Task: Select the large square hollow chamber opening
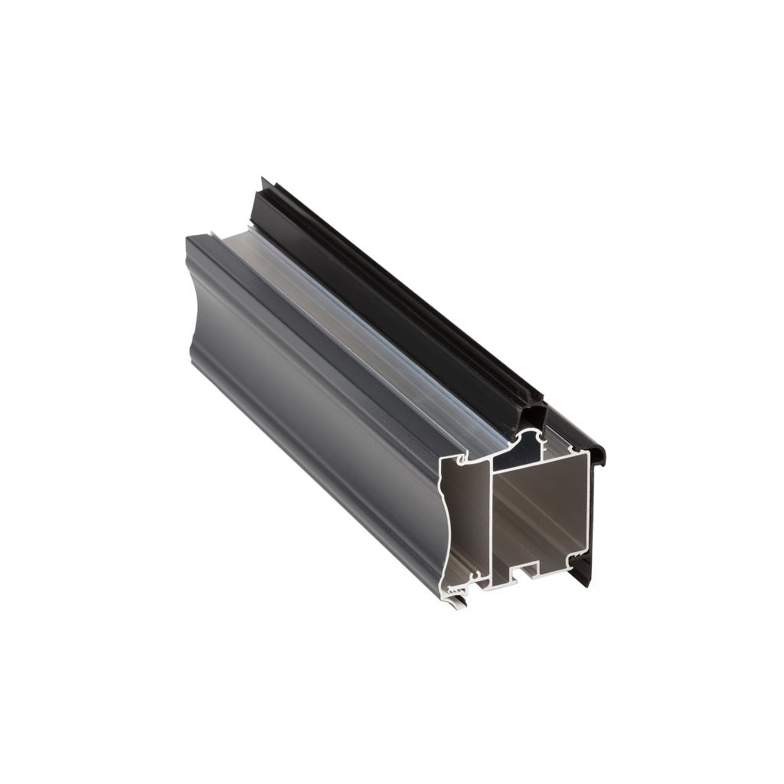coord(540,513)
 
